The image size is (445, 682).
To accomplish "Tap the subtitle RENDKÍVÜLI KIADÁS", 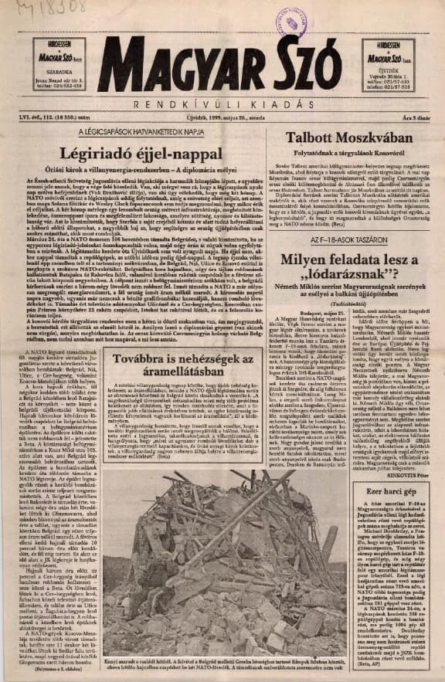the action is coord(223,103).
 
